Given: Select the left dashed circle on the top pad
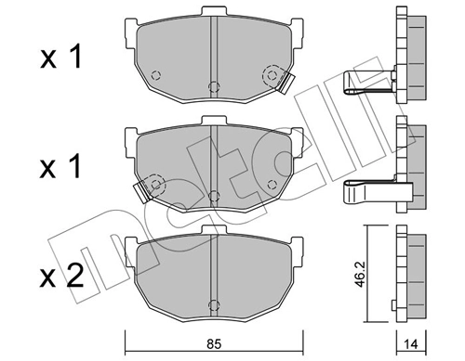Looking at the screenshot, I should pyautogui.click(x=155, y=74).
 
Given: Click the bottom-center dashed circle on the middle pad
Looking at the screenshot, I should pyautogui.click(x=214, y=196).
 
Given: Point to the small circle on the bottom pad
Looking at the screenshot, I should pyautogui.click(x=214, y=299).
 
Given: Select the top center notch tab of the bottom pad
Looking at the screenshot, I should pyautogui.click(x=214, y=230).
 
